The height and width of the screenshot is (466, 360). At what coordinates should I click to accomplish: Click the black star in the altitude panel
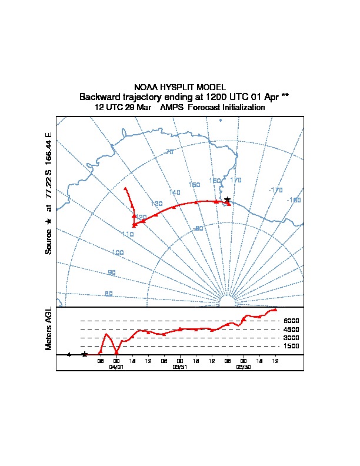[x=85, y=354]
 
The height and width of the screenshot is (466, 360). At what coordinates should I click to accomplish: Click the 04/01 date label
[x=116, y=367]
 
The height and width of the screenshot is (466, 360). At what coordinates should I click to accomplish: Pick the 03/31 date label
[x=180, y=367]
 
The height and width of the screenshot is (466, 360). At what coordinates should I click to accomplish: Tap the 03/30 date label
[x=244, y=367]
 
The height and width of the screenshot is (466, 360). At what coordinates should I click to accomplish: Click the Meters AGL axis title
[x=49, y=329]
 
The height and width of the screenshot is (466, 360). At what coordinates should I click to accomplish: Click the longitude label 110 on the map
[x=128, y=234]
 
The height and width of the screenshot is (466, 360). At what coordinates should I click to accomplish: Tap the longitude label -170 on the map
[x=275, y=190]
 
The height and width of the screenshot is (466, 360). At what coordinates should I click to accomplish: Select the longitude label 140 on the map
[x=175, y=192]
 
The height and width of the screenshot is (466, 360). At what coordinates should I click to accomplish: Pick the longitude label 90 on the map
[x=112, y=272]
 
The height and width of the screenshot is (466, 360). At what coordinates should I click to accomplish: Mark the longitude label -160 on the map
[x=294, y=200]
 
